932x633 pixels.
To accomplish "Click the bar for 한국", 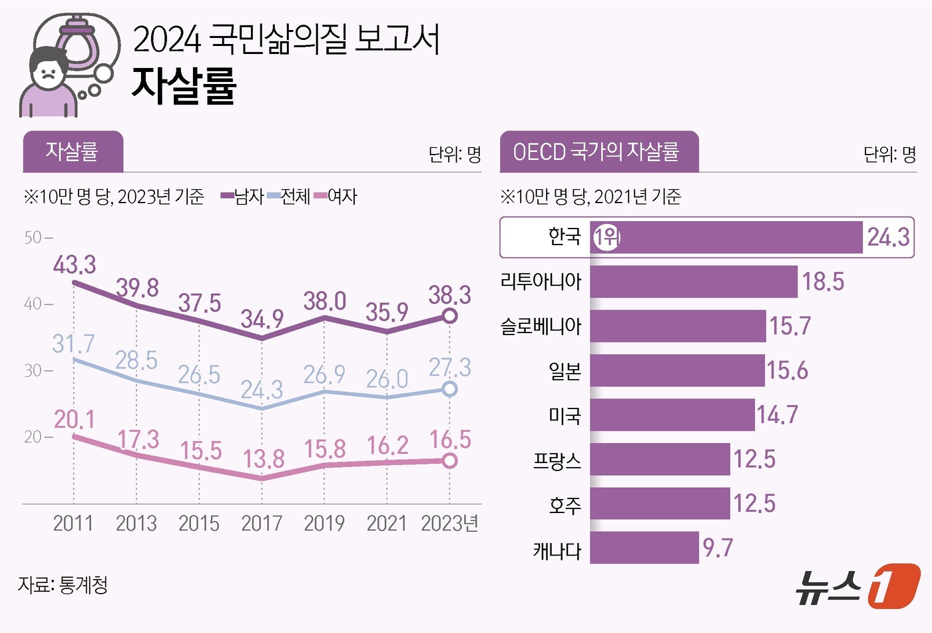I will [x=726, y=237].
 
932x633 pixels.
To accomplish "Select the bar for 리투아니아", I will [x=693, y=282].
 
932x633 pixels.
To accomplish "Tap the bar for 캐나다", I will [x=644, y=548].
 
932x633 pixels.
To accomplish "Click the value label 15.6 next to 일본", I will [x=787, y=370].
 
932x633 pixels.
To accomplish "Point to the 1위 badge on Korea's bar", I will [x=606, y=237].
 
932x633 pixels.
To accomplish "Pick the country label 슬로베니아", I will [x=541, y=326].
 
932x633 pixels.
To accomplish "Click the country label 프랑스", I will [x=557, y=460].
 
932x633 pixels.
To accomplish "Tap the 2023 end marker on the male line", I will [x=450, y=316].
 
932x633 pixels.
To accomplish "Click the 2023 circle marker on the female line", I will [x=450, y=460].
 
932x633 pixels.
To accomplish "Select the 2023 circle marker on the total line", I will [x=450, y=388].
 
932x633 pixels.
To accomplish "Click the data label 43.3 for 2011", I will [x=75, y=265].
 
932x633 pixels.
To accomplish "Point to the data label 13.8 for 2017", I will [x=264, y=459].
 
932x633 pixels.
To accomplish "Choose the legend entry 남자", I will [x=243, y=197].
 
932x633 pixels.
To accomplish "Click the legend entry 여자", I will [x=336, y=197].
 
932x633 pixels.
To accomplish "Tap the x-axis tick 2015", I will [x=199, y=524].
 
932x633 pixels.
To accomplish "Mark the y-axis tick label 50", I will [x=33, y=238].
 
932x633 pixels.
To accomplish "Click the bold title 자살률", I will [x=184, y=86].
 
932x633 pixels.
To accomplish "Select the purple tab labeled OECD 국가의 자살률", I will [x=598, y=152].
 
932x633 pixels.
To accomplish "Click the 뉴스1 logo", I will [x=858, y=586].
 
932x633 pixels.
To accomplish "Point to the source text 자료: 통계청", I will [x=63, y=585].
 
